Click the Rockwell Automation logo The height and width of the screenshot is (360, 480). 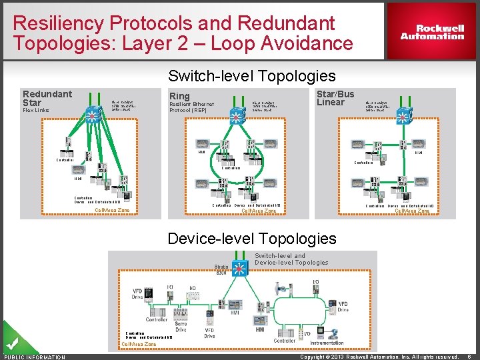point(432,32)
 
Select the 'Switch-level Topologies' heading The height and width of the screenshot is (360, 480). point(251,76)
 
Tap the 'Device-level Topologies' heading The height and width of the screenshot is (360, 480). point(252,238)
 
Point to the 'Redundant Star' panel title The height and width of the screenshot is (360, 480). point(47,98)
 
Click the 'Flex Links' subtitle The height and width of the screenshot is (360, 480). point(36,111)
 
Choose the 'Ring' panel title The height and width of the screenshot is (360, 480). point(179,96)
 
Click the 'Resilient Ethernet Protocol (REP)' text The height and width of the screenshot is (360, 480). point(191,107)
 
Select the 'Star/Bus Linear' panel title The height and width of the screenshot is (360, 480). point(335,98)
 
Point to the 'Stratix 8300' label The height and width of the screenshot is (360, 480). point(221,269)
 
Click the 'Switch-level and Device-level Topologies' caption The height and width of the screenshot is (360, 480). point(291,259)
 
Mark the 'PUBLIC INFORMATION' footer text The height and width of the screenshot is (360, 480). point(35,357)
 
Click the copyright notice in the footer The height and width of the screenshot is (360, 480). point(379,357)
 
